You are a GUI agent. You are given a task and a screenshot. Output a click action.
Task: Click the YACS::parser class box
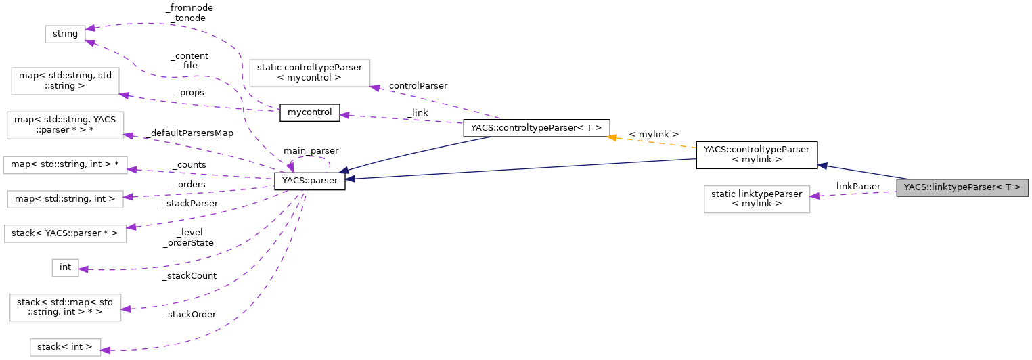(x=309, y=181)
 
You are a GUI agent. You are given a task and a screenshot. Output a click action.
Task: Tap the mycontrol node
(x=309, y=112)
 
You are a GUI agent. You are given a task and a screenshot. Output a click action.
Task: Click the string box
(x=65, y=33)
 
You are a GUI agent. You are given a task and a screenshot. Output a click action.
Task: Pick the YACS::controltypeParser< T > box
(x=536, y=128)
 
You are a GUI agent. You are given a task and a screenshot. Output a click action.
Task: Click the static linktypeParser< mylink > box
(x=757, y=199)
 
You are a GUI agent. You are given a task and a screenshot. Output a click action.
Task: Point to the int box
(x=65, y=267)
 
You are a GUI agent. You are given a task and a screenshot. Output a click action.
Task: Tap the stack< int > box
(x=65, y=347)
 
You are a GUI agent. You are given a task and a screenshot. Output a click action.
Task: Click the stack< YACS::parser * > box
(x=65, y=234)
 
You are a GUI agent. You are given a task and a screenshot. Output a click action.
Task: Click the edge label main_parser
(x=311, y=150)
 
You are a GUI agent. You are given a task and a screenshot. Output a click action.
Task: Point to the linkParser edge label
(x=857, y=186)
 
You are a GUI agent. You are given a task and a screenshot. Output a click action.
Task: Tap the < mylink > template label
(x=653, y=135)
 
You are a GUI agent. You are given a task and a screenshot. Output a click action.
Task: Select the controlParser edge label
(x=418, y=86)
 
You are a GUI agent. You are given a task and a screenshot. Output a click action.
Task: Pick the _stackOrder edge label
(x=189, y=314)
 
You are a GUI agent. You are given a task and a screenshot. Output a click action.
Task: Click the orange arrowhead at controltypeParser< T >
(x=612, y=137)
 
